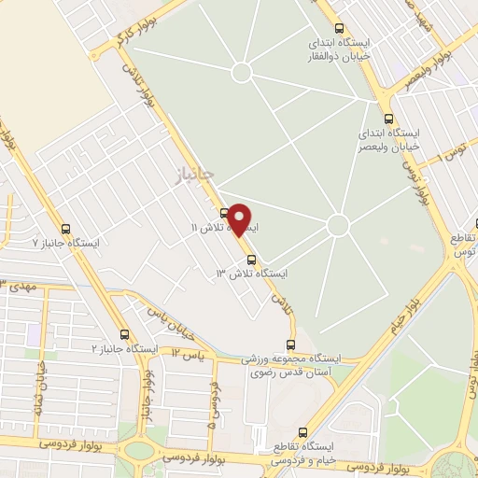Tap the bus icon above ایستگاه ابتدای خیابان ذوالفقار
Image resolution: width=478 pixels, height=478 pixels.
(x=338, y=28)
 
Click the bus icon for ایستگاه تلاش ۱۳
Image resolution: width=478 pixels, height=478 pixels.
(x=250, y=260)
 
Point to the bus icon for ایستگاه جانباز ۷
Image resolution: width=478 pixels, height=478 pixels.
(x=65, y=228)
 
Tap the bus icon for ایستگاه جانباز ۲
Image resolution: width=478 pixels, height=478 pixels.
(x=124, y=333)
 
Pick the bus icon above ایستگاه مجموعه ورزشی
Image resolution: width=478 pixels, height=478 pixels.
(x=291, y=344)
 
